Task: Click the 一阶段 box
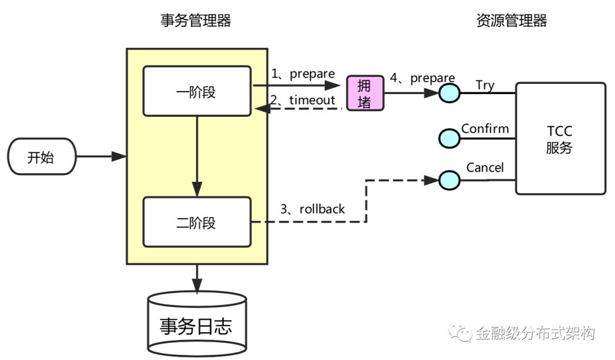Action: point(196,91)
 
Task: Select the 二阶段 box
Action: point(196,222)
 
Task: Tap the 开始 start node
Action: point(42,156)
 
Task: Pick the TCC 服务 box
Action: point(560,138)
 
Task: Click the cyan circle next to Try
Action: point(449,92)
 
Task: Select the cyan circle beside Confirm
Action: point(449,137)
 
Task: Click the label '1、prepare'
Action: point(302,73)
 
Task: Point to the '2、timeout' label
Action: point(302,100)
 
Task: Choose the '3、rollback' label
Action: point(313,209)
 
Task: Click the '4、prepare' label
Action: point(422,78)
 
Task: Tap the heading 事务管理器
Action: point(196,21)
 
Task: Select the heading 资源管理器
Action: point(511,21)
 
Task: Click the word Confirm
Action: point(485,129)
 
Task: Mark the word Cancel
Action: point(485,167)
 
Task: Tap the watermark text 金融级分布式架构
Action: point(535,333)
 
